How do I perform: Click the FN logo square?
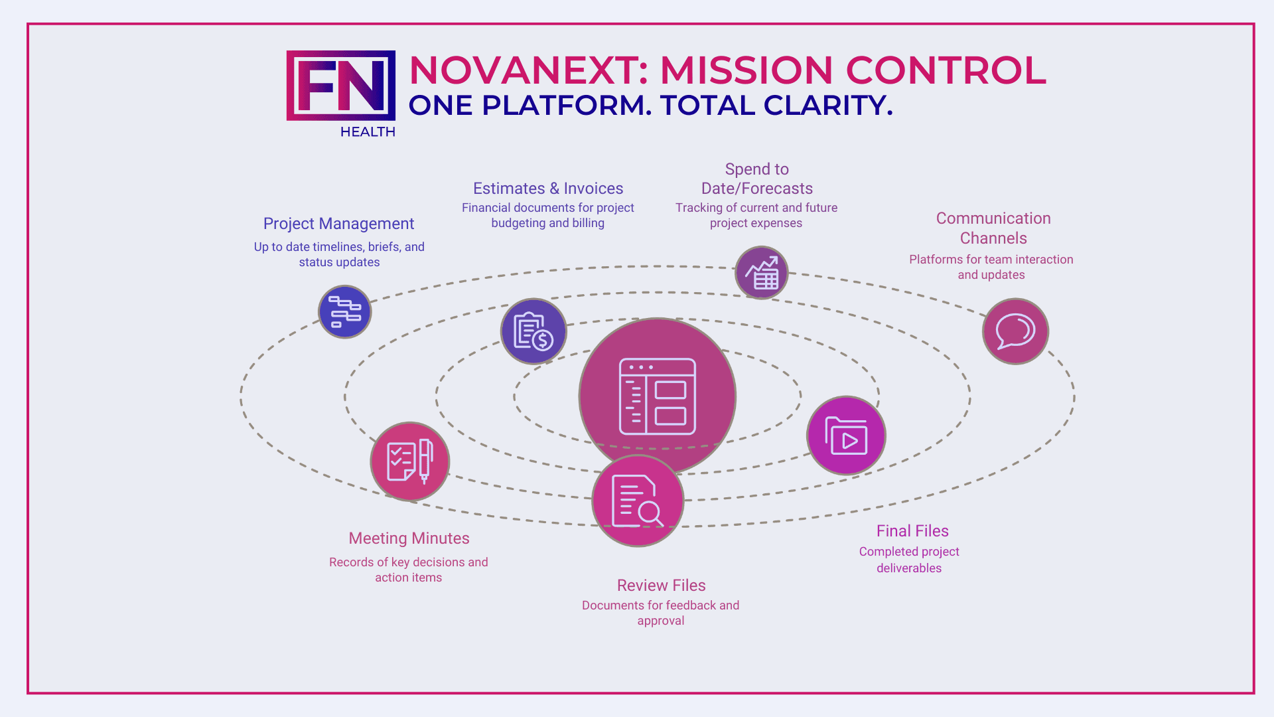[x=340, y=86]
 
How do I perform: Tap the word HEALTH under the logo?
[x=368, y=131]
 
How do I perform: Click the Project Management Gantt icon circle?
[x=345, y=312]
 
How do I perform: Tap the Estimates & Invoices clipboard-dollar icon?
[x=533, y=331]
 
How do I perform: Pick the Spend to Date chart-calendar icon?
[x=761, y=273]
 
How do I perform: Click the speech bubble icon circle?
[x=1015, y=331]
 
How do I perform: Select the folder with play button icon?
[x=846, y=436]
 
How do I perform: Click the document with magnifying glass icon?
[x=638, y=501]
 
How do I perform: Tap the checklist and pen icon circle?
[x=410, y=461]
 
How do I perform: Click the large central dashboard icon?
[x=657, y=396]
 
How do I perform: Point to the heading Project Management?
[x=338, y=224]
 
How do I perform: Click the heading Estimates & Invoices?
[x=548, y=189]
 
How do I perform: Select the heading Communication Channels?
[x=993, y=228]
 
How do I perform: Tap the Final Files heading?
[x=912, y=531]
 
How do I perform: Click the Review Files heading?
[x=661, y=586]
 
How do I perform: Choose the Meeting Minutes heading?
[x=409, y=538]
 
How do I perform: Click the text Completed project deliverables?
[x=909, y=560]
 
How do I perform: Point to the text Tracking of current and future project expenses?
[x=756, y=215]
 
